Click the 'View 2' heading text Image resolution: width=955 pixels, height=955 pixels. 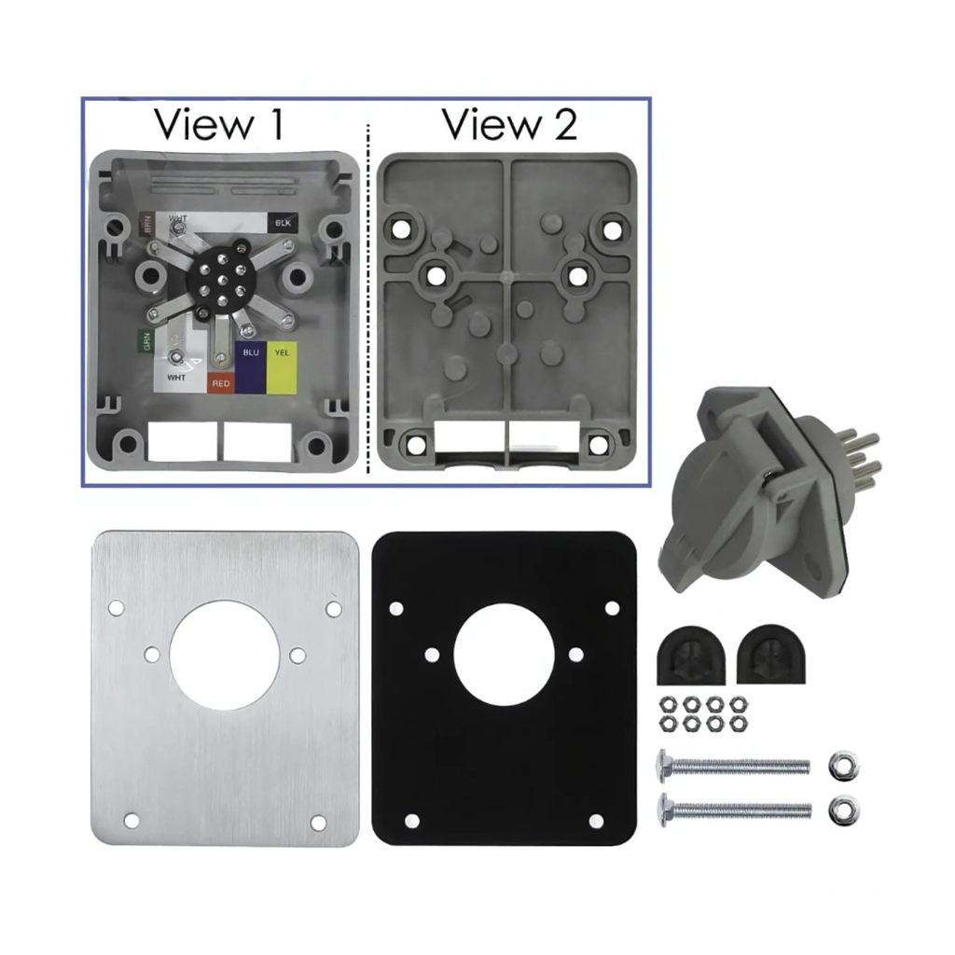click(x=509, y=124)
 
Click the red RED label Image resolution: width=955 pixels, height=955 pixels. click(x=221, y=382)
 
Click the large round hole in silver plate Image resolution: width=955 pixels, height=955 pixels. click(x=224, y=655)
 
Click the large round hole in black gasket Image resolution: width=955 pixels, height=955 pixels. click(x=504, y=655)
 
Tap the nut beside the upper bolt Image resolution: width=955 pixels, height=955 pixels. click(x=845, y=765)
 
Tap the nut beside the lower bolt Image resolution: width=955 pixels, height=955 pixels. click(x=845, y=808)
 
